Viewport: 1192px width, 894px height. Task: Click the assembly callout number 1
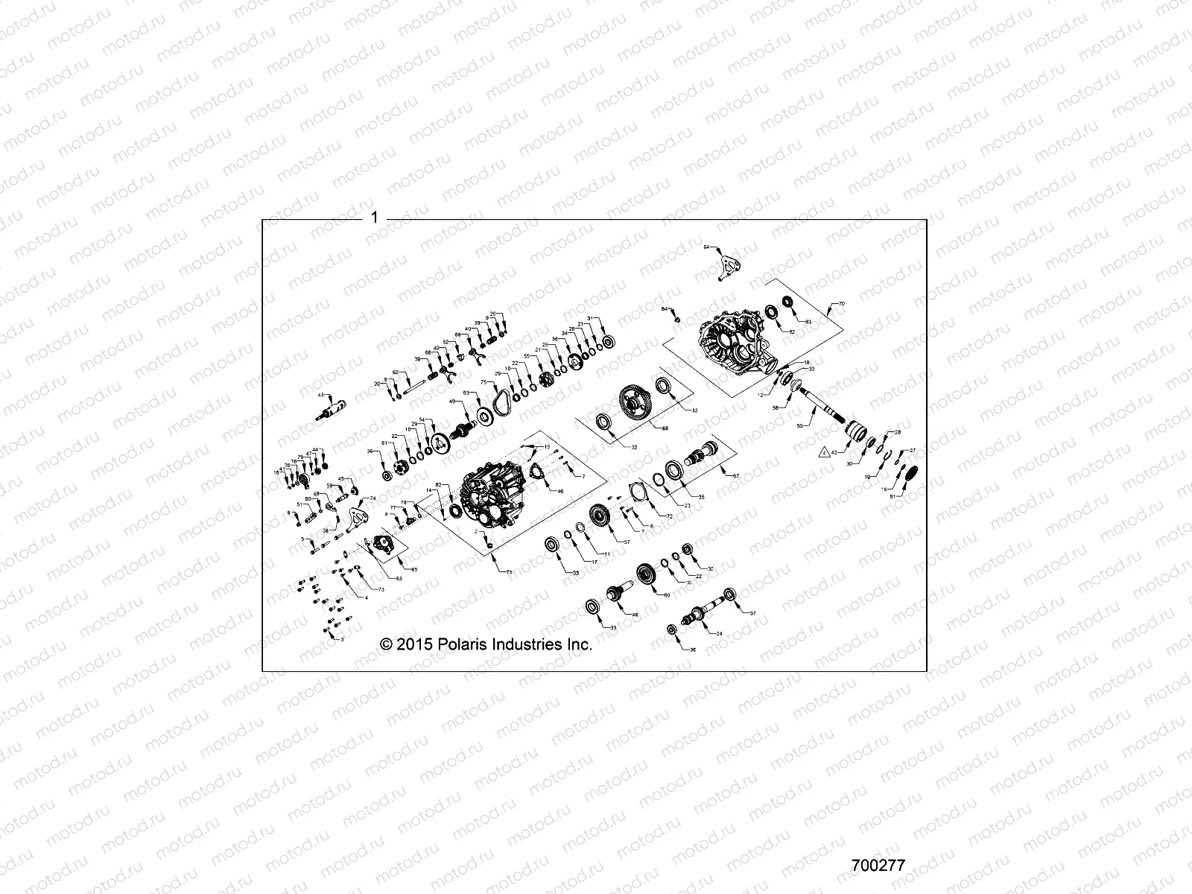[x=375, y=218]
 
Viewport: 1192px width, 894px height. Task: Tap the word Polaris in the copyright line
[x=460, y=644]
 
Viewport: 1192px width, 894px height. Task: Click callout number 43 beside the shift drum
[x=321, y=394]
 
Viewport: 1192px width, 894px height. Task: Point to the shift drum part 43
[x=330, y=410]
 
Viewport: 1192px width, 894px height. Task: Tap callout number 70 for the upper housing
[x=842, y=305]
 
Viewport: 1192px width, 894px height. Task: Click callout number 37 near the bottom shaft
[x=752, y=613]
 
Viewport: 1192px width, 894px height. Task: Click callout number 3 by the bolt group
[x=342, y=639]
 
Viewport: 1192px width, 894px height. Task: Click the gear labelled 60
[x=645, y=574]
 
